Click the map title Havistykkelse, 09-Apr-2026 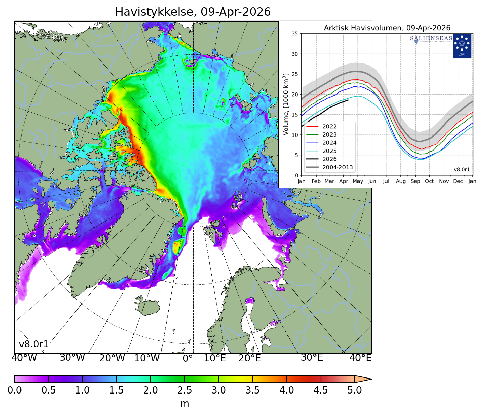tap(193, 12)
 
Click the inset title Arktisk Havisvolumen tap(387, 28)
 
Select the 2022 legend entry tap(329, 127)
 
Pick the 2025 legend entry tap(329, 151)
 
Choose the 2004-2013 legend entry tap(337, 167)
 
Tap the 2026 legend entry tap(329, 159)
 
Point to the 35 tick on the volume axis tap(294, 34)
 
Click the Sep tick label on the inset tap(415, 181)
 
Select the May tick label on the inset tap(357, 181)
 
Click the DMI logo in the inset tap(462, 46)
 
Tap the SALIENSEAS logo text tap(431, 38)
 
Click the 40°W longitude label tap(24, 358)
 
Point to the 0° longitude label tap(188, 358)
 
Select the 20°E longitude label tap(250, 358)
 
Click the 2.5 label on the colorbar tap(184, 390)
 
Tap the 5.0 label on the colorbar tap(354, 390)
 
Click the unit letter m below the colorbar tap(185, 404)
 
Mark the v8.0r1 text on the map tap(34, 344)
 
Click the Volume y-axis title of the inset tap(286, 104)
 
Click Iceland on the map tap(147, 306)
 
